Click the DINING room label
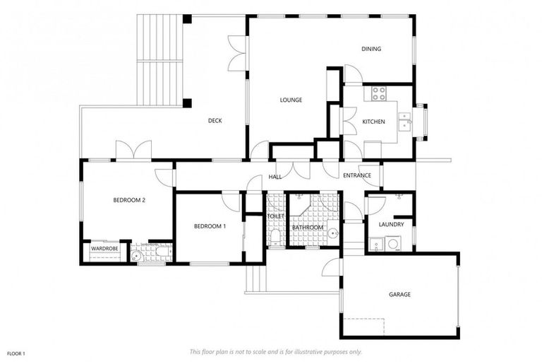tap(371, 49)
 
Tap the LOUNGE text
tap(291, 100)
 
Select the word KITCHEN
tap(373, 122)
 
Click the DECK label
tap(215, 121)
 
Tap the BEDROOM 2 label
tap(129, 200)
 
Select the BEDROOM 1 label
tap(210, 226)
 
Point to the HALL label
tap(275, 177)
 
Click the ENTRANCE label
tap(357, 176)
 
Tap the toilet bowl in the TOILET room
tap(274, 235)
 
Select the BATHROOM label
tap(308, 228)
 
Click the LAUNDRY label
tap(391, 225)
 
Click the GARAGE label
tap(399, 294)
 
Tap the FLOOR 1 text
tap(16, 353)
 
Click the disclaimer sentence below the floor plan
tap(275, 351)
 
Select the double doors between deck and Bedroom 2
tap(133, 151)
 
